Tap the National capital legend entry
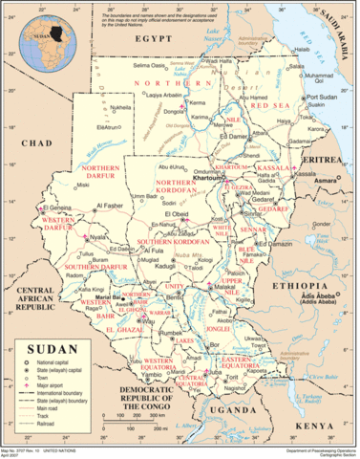pos(49,364)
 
